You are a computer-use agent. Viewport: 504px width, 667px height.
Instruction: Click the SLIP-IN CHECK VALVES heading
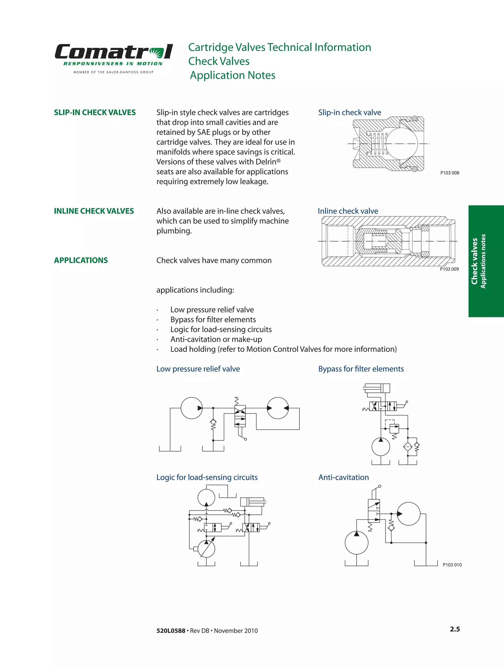pyautogui.click(x=95, y=112)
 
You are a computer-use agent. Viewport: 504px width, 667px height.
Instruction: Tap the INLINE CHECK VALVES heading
pyautogui.click(x=94, y=211)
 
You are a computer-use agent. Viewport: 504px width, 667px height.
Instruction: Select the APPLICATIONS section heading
pyautogui.click(x=81, y=260)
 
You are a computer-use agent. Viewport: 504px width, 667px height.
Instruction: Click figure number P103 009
pyautogui.click(x=449, y=269)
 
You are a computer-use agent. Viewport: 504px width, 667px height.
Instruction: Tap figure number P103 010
pyautogui.click(x=452, y=565)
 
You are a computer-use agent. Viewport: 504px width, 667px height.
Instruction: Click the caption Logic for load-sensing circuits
pyautogui.click(x=207, y=477)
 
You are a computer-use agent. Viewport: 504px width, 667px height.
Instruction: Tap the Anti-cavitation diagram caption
pyautogui.click(x=343, y=477)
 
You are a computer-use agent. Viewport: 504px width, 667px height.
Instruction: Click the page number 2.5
pyautogui.click(x=455, y=629)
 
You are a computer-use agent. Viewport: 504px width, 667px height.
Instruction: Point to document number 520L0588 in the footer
pyautogui.click(x=171, y=631)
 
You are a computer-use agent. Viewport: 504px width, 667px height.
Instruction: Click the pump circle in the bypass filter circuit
pyautogui.click(x=380, y=447)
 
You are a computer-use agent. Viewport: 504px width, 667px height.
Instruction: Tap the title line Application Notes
pyautogui.click(x=232, y=75)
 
